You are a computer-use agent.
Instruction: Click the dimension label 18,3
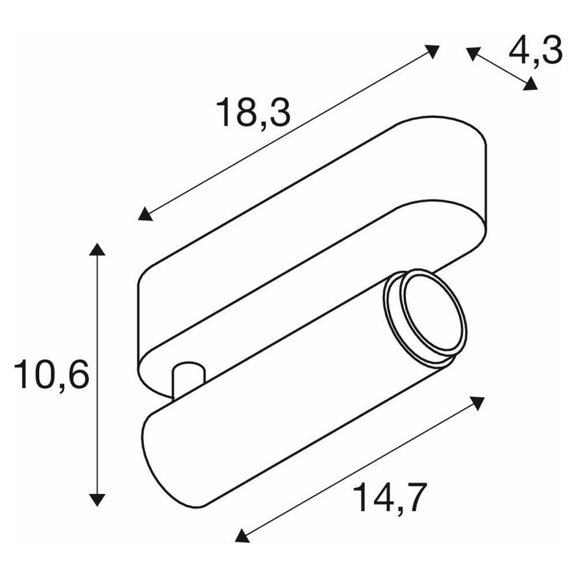point(254,113)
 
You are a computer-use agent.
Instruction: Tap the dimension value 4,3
point(535,51)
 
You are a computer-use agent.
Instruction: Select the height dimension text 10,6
point(51,374)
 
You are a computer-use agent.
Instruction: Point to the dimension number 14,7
point(391,497)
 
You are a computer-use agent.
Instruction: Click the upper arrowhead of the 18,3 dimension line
point(432,51)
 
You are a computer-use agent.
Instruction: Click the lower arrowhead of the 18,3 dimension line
point(145,214)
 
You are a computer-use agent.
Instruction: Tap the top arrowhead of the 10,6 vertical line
point(97,249)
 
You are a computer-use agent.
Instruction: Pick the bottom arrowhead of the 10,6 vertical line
point(97,500)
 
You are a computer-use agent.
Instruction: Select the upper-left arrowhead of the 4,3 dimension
point(473,54)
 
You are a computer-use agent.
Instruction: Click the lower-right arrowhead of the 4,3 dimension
point(530,83)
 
